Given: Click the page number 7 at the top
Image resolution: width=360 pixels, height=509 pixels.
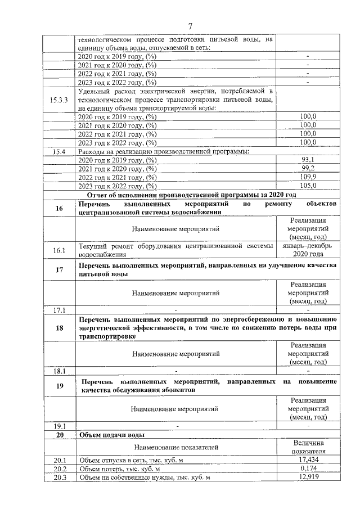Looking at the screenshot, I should click(x=190, y=26).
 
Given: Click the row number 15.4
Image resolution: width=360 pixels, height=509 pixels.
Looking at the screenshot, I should click(x=59, y=151).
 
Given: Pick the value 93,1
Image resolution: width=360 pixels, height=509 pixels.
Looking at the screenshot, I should click(x=308, y=160).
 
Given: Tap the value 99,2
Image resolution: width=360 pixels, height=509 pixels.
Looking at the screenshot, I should click(x=308, y=168).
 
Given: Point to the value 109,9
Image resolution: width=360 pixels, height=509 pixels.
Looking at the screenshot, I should click(x=308, y=177).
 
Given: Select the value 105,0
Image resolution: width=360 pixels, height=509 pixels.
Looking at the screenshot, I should click(x=308, y=186).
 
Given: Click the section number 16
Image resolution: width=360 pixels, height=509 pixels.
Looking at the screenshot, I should click(x=59, y=208).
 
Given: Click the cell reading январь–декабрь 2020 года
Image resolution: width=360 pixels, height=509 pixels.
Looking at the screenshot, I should click(x=308, y=250).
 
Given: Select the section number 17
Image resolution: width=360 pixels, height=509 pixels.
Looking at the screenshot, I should click(x=59, y=269).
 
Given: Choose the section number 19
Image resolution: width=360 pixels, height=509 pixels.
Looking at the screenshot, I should click(x=59, y=385).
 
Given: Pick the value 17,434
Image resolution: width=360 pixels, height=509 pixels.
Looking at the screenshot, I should click(x=308, y=460).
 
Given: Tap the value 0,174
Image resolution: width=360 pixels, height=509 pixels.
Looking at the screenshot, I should click(x=308, y=469).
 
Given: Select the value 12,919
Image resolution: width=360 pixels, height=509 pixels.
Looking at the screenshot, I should click(x=308, y=478).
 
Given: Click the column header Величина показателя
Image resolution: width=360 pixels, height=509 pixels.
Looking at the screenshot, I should click(x=308, y=447).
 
